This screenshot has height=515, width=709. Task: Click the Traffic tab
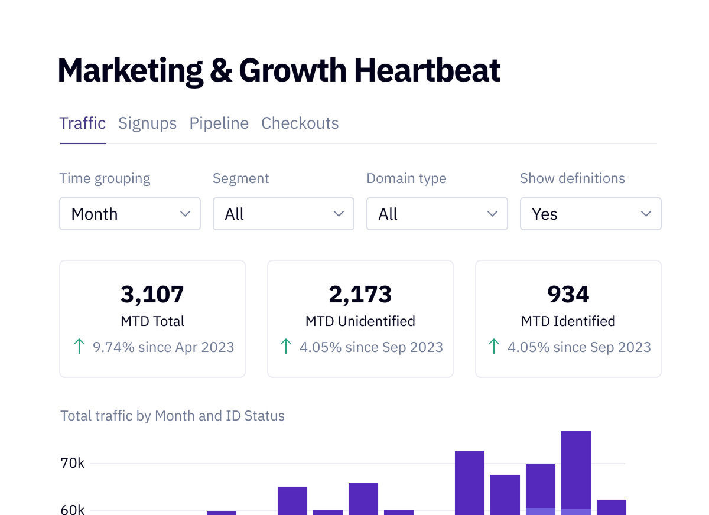pos(83,123)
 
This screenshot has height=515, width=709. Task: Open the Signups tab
pos(148,123)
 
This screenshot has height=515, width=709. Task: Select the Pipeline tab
pos(219,123)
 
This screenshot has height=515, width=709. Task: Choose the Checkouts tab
pos(300,123)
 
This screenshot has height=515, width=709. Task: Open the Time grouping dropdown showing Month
pos(130,214)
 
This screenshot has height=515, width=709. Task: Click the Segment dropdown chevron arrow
pos(339,214)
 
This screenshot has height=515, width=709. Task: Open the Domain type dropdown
pos(437,214)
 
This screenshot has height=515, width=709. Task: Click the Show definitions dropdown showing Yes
pos(591,214)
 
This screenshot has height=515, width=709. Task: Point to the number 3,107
pos(152,295)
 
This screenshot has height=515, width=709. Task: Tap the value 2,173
pos(360,295)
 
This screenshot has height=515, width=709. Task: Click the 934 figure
pos(568,295)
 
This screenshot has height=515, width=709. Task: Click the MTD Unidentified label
pos(360,321)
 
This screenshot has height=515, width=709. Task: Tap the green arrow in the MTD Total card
pos(79,347)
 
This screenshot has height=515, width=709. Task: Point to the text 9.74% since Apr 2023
pos(163,347)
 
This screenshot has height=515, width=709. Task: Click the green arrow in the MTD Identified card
pos(494,347)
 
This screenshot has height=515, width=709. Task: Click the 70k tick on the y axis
pos(73,464)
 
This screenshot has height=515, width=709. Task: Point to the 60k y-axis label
pos(73,510)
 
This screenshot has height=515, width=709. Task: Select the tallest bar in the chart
pos(576,473)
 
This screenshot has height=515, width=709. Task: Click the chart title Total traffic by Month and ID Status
pos(173,416)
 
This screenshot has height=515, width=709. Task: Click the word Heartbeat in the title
pos(427,70)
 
